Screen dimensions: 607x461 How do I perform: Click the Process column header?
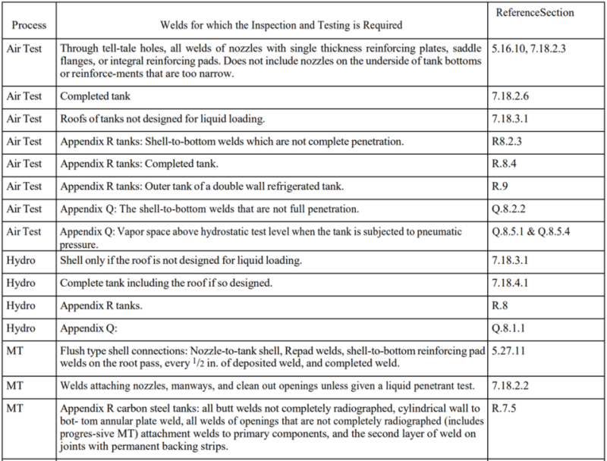(x=28, y=25)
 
